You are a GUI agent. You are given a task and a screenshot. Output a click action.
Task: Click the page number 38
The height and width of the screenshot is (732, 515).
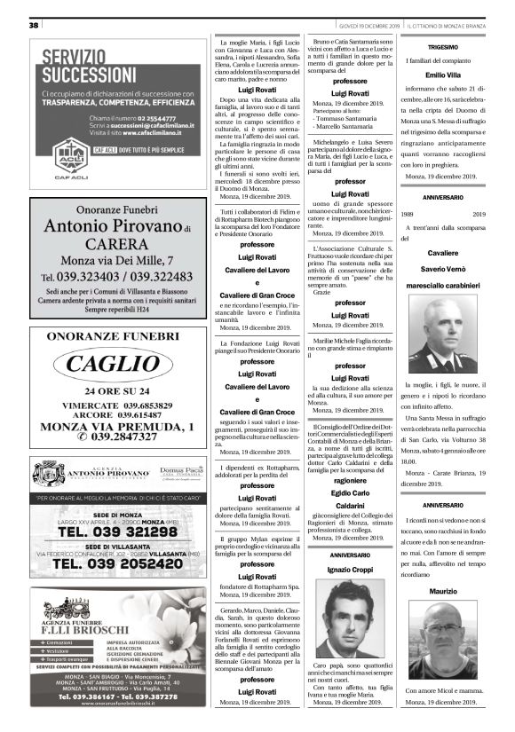click(x=34, y=25)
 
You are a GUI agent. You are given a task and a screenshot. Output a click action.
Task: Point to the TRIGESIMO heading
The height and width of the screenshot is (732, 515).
click(x=443, y=47)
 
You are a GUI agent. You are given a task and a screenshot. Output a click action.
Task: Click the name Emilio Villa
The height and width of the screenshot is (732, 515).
click(x=443, y=75)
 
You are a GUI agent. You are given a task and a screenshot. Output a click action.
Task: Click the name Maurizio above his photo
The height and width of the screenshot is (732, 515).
click(x=443, y=591)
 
